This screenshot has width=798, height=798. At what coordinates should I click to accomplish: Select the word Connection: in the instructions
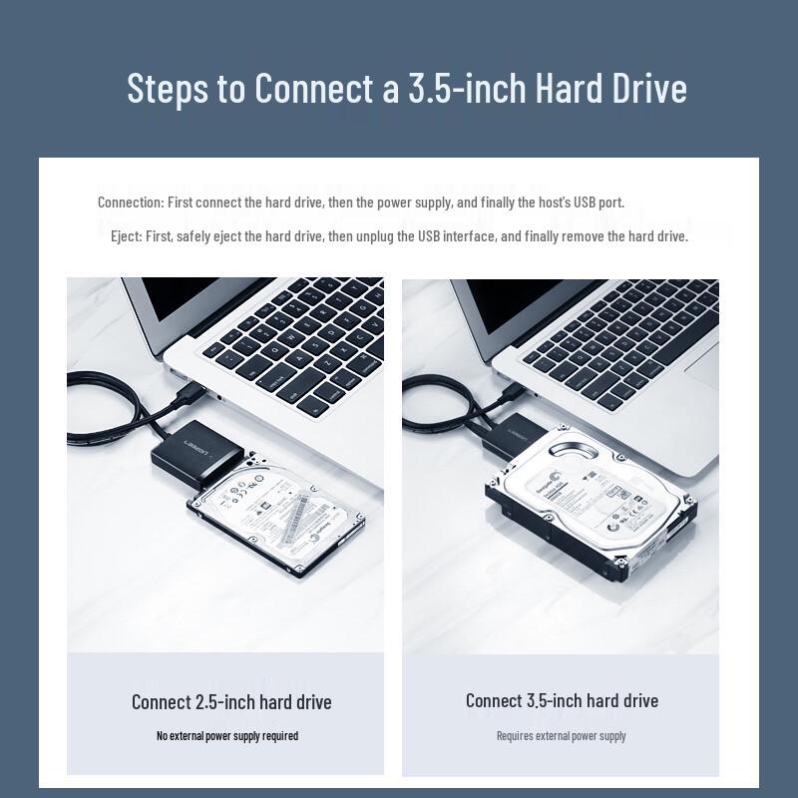[x=130, y=202]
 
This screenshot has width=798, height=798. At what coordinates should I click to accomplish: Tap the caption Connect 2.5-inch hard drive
[x=231, y=702]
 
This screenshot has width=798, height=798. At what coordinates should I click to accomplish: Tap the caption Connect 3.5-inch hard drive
[x=562, y=701]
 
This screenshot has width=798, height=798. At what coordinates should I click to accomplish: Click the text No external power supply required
[x=227, y=736]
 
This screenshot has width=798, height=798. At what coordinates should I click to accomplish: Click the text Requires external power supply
[x=562, y=736]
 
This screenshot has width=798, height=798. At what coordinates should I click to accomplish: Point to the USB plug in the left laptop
[x=190, y=390]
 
